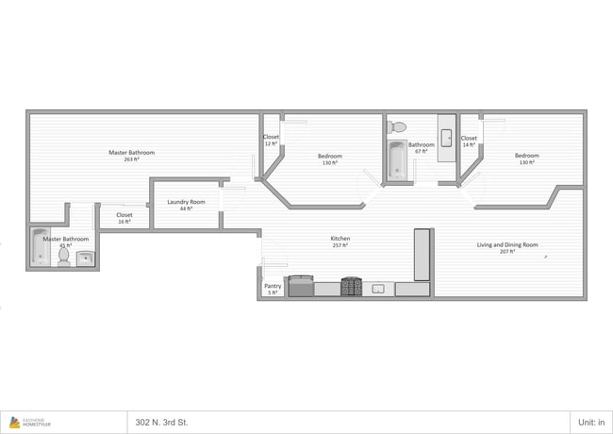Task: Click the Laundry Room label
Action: click(x=186, y=205)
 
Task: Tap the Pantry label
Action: click(x=273, y=289)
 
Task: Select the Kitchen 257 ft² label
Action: click(x=340, y=242)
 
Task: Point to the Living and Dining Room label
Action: click(x=507, y=248)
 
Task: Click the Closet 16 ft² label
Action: click(x=124, y=218)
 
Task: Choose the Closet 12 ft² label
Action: click(x=271, y=141)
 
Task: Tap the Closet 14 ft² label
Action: click(x=469, y=141)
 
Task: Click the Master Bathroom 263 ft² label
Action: click(x=131, y=156)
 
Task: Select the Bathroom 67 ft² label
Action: click(x=421, y=147)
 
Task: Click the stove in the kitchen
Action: click(x=352, y=287)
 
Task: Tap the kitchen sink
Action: click(x=378, y=288)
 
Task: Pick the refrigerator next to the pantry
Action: click(x=301, y=286)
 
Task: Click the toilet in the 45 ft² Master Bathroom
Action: click(x=63, y=256)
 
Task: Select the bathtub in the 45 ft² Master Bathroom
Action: click(x=40, y=248)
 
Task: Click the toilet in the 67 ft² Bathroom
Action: click(x=398, y=126)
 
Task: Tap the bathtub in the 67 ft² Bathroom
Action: click(x=396, y=159)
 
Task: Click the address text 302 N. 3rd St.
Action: click(x=161, y=422)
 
